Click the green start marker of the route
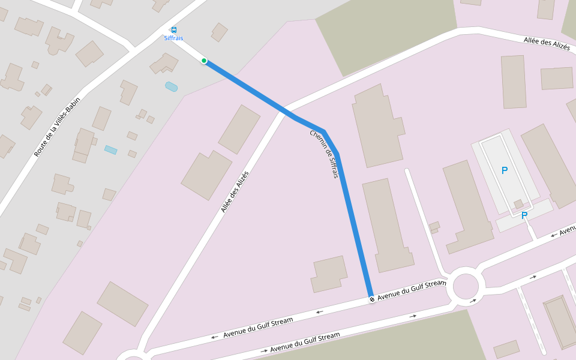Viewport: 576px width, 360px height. pyautogui.click(x=204, y=61)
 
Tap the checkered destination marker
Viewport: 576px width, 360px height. pyautogui.click(x=372, y=298)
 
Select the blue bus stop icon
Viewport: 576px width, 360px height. pyautogui.click(x=174, y=30)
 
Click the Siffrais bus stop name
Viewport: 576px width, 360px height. pyautogui.click(x=173, y=38)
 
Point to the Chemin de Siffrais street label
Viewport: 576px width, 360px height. pyautogui.click(x=325, y=154)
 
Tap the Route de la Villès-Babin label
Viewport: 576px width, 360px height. pyautogui.click(x=57, y=127)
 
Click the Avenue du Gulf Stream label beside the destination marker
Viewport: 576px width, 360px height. pyautogui.click(x=412, y=289)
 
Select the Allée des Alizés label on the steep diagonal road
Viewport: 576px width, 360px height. pyautogui.click(x=235, y=191)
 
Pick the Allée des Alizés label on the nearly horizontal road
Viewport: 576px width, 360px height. pyautogui.click(x=547, y=43)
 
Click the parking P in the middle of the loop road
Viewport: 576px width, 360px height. pyautogui.click(x=505, y=170)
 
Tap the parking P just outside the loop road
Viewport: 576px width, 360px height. pyautogui.click(x=524, y=215)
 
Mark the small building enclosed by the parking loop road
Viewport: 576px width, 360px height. pyautogui.click(x=518, y=204)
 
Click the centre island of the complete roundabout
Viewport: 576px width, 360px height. pyautogui.click(x=466, y=286)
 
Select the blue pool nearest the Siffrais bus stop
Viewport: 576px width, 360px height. pyautogui.click(x=171, y=86)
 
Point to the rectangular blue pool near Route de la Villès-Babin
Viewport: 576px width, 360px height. pyautogui.click(x=110, y=149)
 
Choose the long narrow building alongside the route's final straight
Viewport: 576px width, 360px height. pyautogui.click(x=388, y=225)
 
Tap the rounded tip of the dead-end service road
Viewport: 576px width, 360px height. pyautogui.click(x=407, y=172)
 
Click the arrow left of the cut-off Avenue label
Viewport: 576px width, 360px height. pyautogui.click(x=554, y=236)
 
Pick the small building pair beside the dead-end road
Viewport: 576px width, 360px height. pyautogui.click(x=434, y=227)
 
